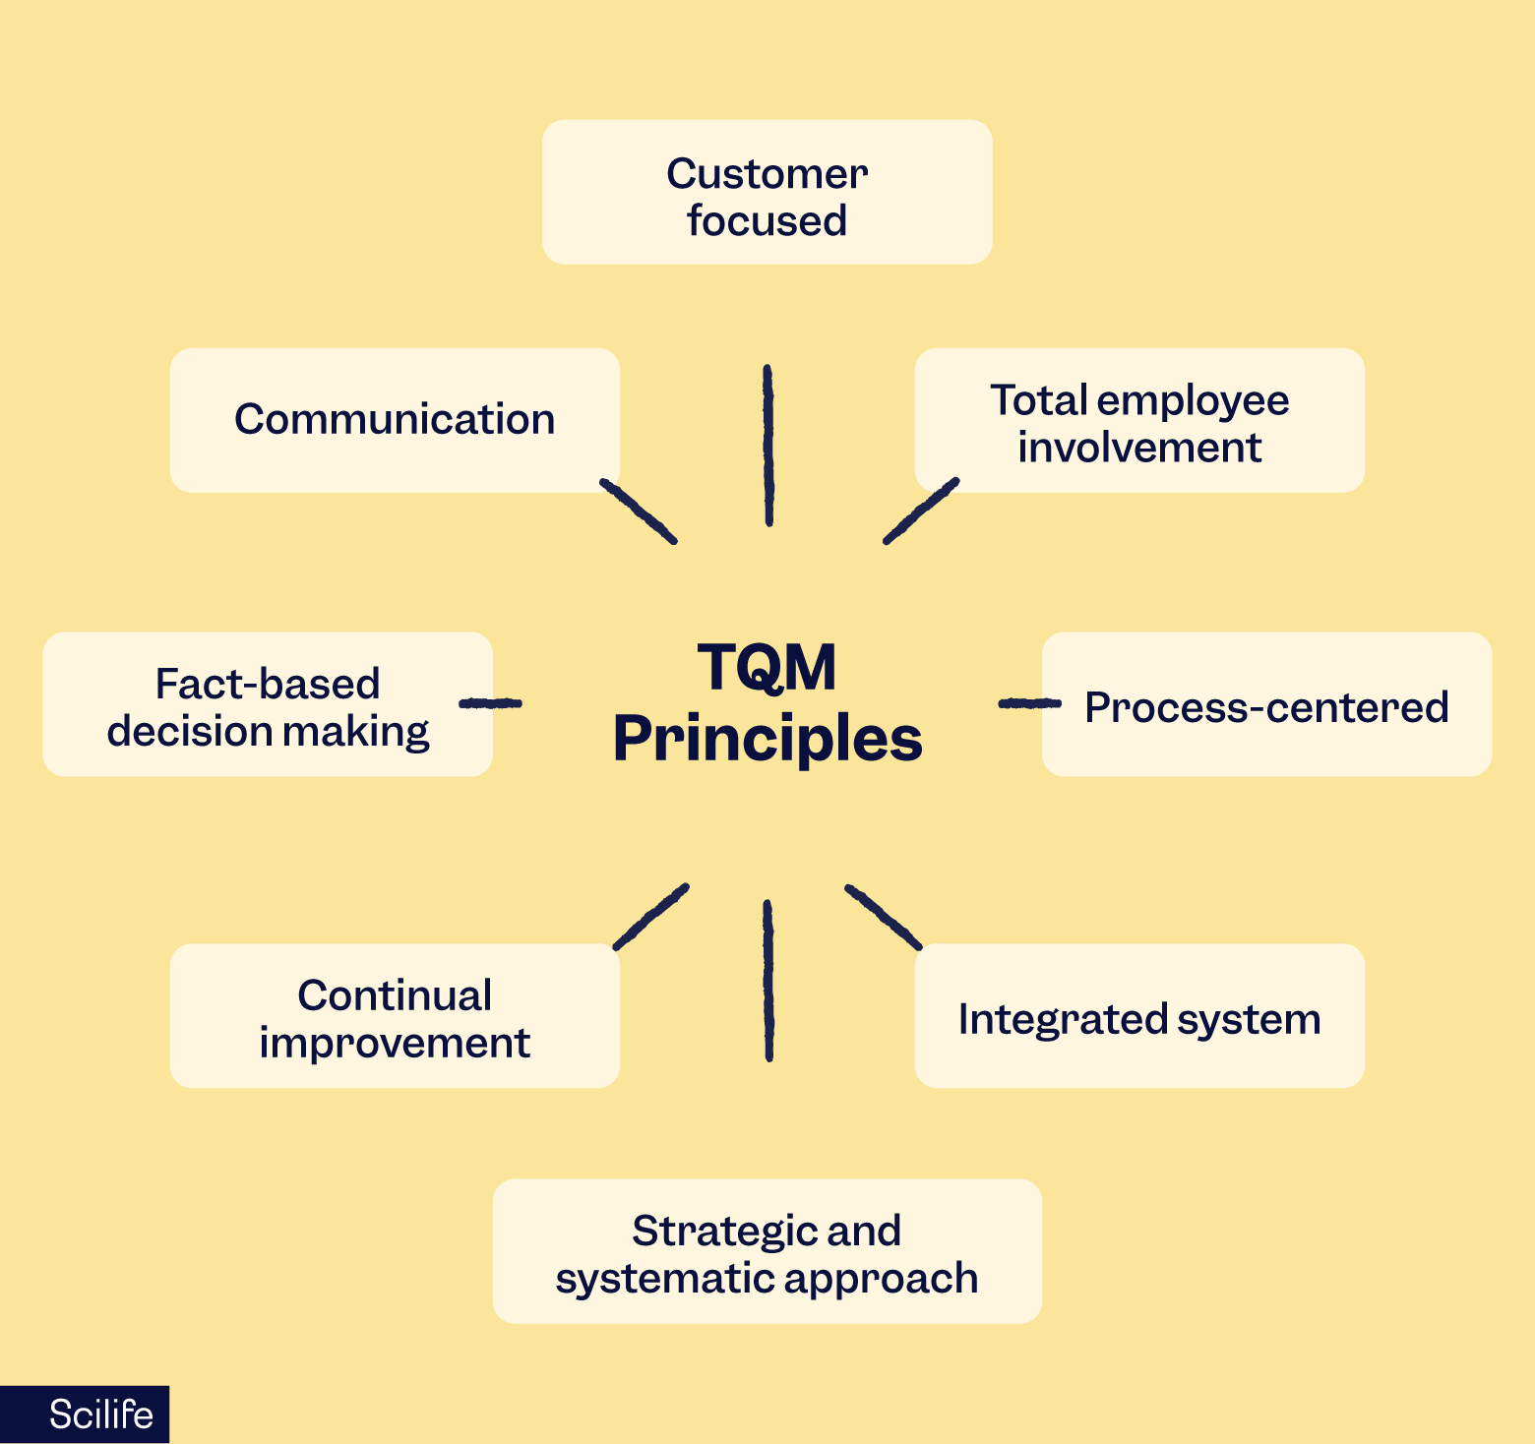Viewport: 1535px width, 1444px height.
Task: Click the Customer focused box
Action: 767,193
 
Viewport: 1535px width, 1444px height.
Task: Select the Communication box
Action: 395,420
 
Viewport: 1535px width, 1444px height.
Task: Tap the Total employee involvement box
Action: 1139,421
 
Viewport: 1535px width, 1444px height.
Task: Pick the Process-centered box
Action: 1266,705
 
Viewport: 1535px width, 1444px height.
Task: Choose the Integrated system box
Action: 1139,1017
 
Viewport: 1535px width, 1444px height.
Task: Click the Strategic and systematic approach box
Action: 767,1252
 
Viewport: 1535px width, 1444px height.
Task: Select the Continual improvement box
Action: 395,1017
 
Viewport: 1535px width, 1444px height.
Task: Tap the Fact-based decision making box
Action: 268,705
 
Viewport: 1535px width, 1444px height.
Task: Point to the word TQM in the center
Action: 767,668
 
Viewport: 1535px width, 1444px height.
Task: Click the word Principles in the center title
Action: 767,740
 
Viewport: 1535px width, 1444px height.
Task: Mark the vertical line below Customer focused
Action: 768,446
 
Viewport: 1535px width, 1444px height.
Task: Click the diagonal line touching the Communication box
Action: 639,511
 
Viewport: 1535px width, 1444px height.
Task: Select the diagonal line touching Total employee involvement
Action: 920,511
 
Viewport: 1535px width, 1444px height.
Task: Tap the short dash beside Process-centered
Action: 1029,703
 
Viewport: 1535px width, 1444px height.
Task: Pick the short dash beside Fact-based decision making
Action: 490,703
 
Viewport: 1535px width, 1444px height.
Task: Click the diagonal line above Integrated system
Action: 883,917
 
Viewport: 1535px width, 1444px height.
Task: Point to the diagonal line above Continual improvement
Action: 650,917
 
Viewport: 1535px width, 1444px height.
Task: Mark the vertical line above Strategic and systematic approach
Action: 768,981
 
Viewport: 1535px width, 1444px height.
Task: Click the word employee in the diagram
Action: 1193,401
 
